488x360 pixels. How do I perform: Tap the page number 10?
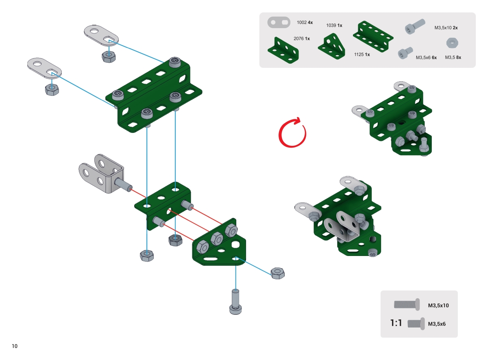tap(15, 346)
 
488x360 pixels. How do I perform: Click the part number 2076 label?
tap(301, 39)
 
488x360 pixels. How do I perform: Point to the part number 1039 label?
tap(334, 26)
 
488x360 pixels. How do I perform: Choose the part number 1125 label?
tap(362, 54)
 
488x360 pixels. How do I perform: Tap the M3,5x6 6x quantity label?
tap(426, 58)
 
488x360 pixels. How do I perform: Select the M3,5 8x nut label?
tap(453, 58)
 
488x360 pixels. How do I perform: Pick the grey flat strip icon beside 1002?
tap(279, 22)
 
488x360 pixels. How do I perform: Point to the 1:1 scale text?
tap(396, 323)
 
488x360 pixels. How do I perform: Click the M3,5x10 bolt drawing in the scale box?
tap(407, 304)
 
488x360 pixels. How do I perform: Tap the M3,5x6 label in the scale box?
tap(438, 324)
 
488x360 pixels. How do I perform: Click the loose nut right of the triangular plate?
tap(277, 273)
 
